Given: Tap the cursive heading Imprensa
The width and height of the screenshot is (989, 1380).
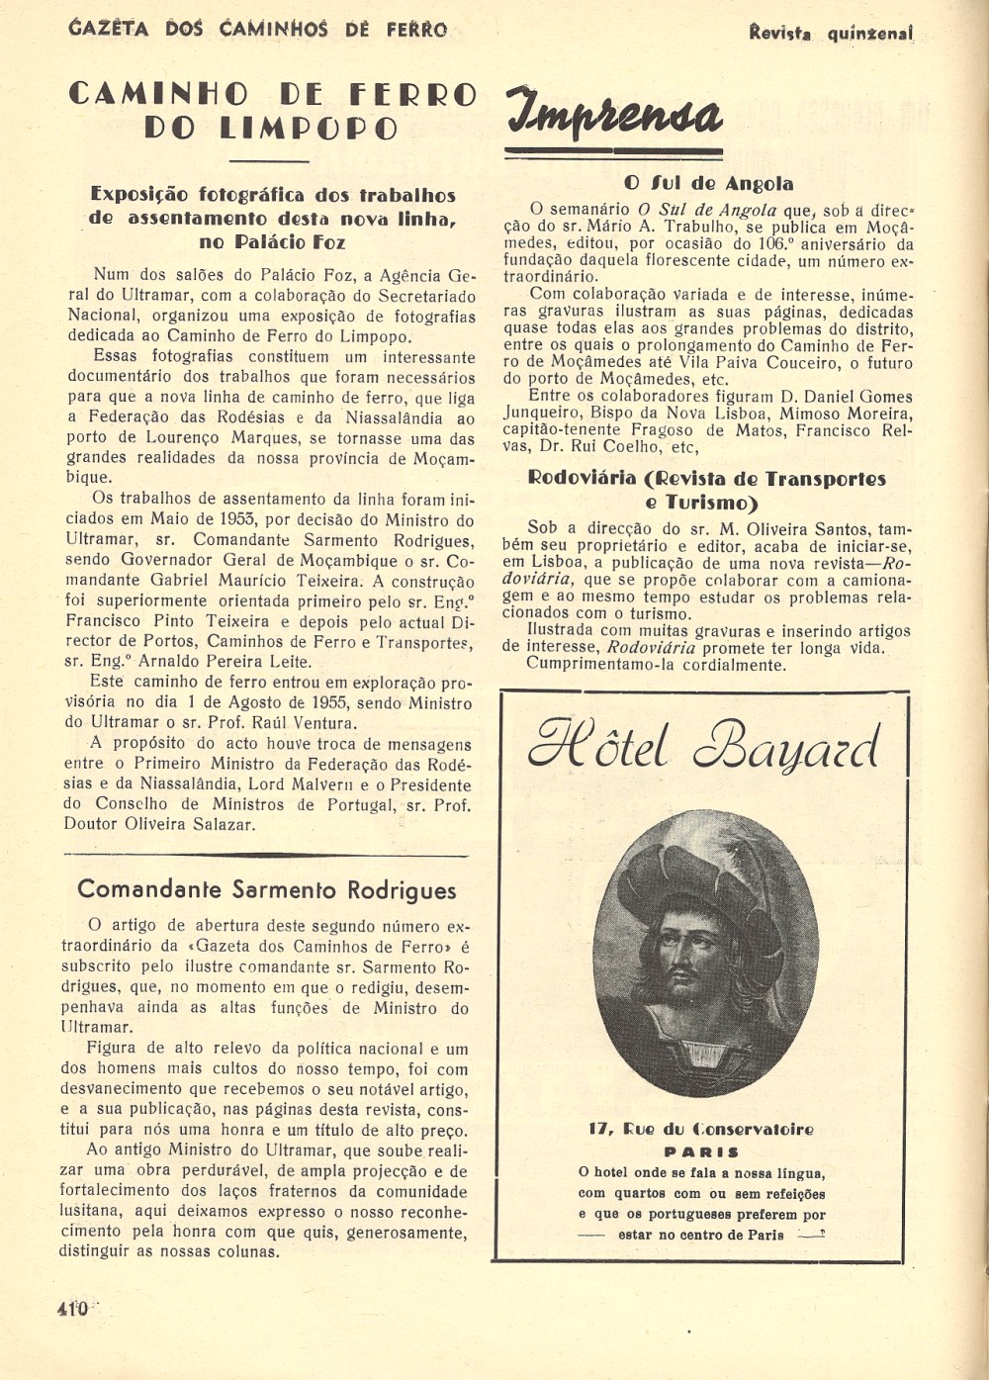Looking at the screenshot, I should [614, 114].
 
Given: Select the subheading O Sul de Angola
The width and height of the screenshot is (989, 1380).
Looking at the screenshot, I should [708, 184].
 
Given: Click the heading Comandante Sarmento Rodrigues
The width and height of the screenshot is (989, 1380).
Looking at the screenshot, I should [267, 889].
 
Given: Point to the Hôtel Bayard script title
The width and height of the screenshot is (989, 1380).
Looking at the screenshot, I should [703, 748].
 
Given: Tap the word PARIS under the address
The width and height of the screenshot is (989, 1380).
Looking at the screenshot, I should [700, 1151].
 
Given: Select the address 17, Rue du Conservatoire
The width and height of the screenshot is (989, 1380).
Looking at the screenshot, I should [700, 1129].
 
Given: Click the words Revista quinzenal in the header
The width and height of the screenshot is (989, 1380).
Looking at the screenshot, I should [830, 33].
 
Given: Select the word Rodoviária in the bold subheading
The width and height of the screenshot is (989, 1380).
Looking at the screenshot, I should [583, 479].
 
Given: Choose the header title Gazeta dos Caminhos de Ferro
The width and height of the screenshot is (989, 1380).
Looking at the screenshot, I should [258, 30].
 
